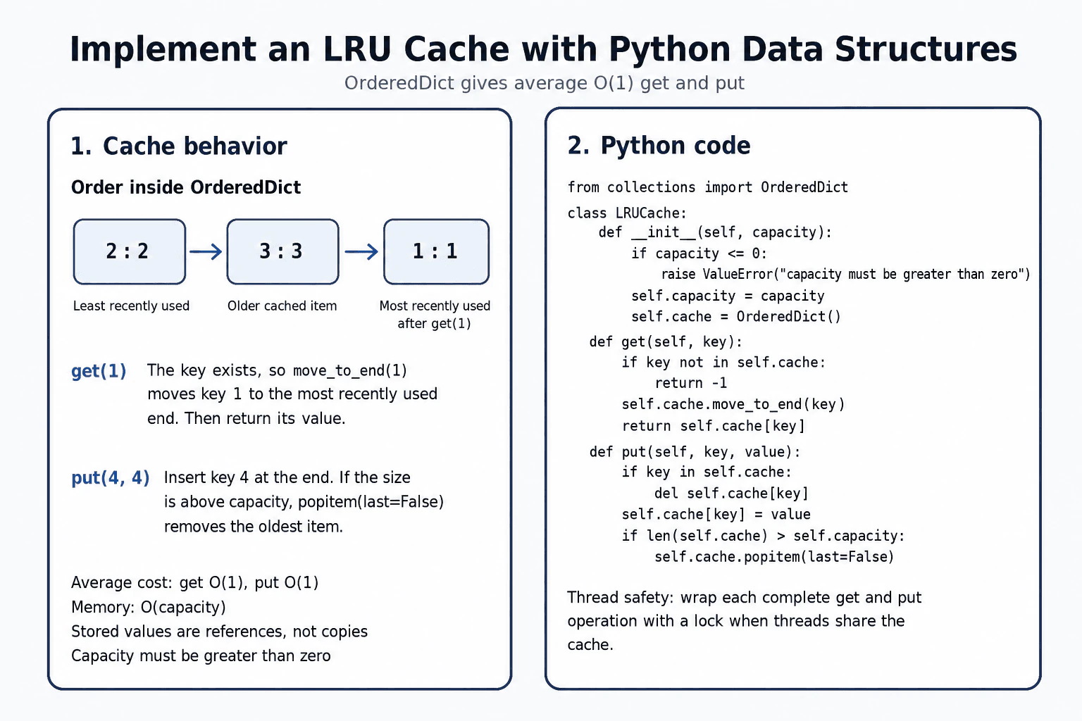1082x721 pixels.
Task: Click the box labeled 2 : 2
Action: (130, 251)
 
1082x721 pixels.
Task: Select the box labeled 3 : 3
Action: (282, 251)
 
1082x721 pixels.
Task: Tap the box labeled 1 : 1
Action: (436, 251)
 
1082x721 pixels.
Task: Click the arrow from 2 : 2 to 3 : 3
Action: (206, 251)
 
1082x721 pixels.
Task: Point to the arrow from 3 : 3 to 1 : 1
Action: (361, 251)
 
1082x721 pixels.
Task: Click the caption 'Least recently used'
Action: (131, 306)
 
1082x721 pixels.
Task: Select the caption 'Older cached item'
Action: (282, 306)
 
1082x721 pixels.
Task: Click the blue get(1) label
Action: (99, 371)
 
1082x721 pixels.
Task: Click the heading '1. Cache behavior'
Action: (179, 146)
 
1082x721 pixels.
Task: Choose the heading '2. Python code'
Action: (659, 145)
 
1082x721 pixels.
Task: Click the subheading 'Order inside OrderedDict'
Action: (186, 187)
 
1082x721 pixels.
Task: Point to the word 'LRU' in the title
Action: (357, 49)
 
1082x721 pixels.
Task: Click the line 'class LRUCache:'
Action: (627, 213)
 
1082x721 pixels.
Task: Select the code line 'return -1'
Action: (691, 383)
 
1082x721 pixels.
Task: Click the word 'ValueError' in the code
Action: (738, 275)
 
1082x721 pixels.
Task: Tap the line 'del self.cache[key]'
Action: (731, 493)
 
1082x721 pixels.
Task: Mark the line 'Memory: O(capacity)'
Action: (149, 607)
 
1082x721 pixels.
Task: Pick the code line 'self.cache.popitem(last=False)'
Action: (774, 557)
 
